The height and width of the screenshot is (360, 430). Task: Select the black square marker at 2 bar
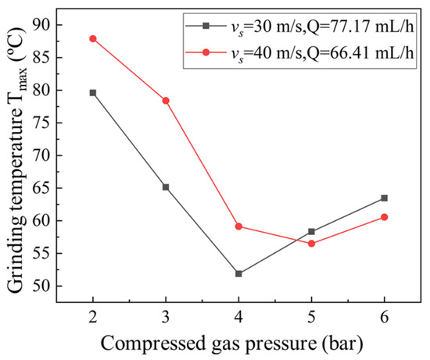click(93, 93)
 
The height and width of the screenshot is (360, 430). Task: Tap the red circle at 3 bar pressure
click(166, 101)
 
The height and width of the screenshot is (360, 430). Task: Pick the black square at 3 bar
click(166, 187)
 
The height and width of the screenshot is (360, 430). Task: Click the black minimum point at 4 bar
click(238, 274)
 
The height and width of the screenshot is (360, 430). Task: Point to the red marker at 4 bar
click(238, 226)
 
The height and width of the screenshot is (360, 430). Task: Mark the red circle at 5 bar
click(311, 244)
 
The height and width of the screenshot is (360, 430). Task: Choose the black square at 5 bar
click(311, 231)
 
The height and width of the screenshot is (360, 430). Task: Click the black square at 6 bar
click(384, 198)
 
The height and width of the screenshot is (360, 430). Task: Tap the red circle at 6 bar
click(384, 217)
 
